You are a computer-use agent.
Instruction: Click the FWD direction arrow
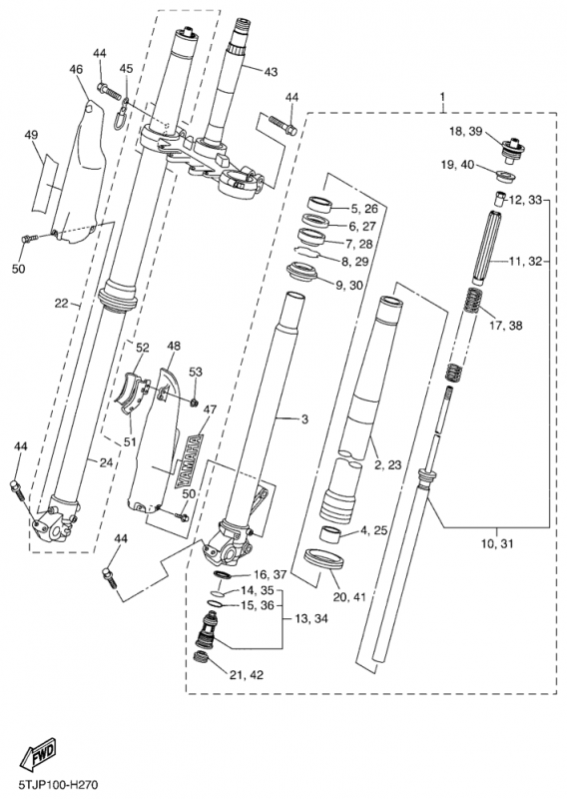[x=37, y=753]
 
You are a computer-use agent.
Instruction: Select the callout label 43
[x=271, y=72]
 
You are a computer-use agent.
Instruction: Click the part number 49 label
[x=31, y=135]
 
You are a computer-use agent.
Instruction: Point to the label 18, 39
[x=465, y=131]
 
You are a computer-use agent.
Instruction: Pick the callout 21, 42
[x=246, y=675]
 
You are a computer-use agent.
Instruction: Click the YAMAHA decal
[x=188, y=461]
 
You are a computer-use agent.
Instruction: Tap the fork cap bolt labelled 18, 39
[x=511, y=148]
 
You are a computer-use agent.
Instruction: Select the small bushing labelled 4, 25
[x=331, y=534]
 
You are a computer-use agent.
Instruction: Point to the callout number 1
[x=442, y=97]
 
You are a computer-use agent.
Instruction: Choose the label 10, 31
[x=497, y=543]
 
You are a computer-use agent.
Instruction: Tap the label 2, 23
[x=387, y=464]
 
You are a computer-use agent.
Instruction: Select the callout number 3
[x=304, y=419]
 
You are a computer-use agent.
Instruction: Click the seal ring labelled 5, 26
[x=320, y=204]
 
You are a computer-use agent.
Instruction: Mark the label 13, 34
[x=311, y=618]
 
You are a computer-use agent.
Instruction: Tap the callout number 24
[x=106, y=462]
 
